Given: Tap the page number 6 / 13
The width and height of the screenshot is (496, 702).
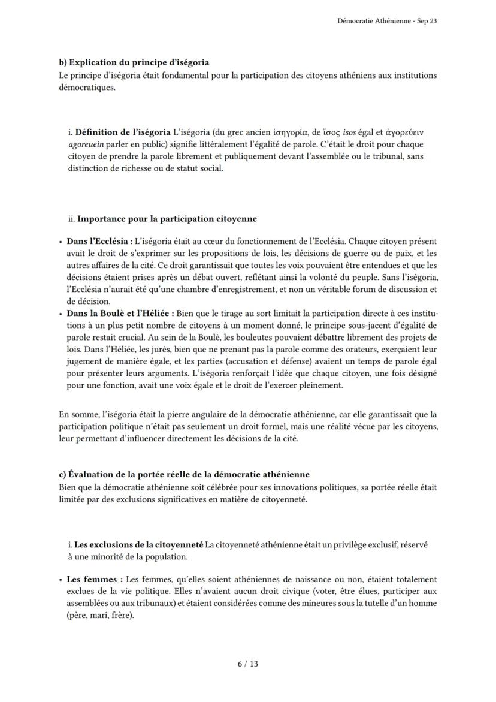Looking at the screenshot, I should coord(247,664).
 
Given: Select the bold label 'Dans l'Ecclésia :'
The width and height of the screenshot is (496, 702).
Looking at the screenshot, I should coord(99,242).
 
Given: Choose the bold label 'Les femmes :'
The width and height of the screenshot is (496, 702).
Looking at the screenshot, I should coord(95,579).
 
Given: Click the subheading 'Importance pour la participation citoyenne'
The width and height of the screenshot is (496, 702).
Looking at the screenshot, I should coord(167,219).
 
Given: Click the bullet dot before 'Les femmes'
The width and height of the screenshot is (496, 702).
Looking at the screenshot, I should coord(61,580).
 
